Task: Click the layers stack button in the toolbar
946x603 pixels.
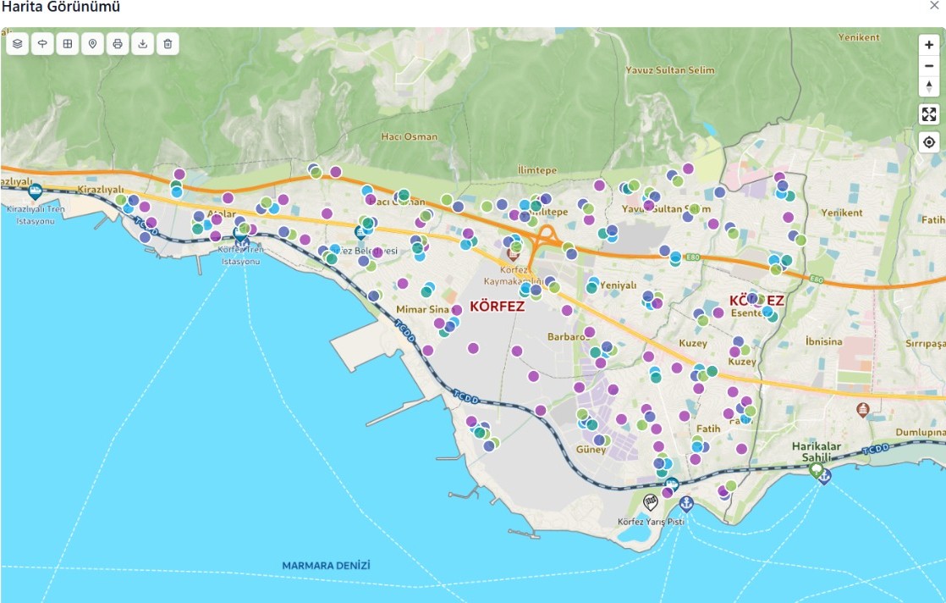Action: tap(18, 43)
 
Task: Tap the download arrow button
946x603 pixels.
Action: tap(143, 43)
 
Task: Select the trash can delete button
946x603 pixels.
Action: tap(168, 43)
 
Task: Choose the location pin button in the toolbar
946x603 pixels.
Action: tap(93, 43)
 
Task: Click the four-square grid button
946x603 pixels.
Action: tap(68, 43)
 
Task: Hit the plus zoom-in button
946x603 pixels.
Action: tap(929, 45)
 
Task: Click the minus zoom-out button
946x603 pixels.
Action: tap(929, 65)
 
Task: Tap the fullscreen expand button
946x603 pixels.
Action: tap(929, 114)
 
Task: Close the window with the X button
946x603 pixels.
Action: tap(934, 6)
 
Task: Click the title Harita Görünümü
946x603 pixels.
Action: tap(60, 7)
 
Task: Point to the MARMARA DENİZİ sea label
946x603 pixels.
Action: tap(327, 565)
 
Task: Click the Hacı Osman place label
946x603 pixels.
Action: tap(410, 136)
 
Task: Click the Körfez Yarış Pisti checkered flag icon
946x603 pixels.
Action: tap(650, 501)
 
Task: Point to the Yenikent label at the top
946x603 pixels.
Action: tap(859, 37)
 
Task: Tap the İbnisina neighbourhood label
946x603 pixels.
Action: tap(824, 341)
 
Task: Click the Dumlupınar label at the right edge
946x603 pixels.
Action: tap(920, 432)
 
